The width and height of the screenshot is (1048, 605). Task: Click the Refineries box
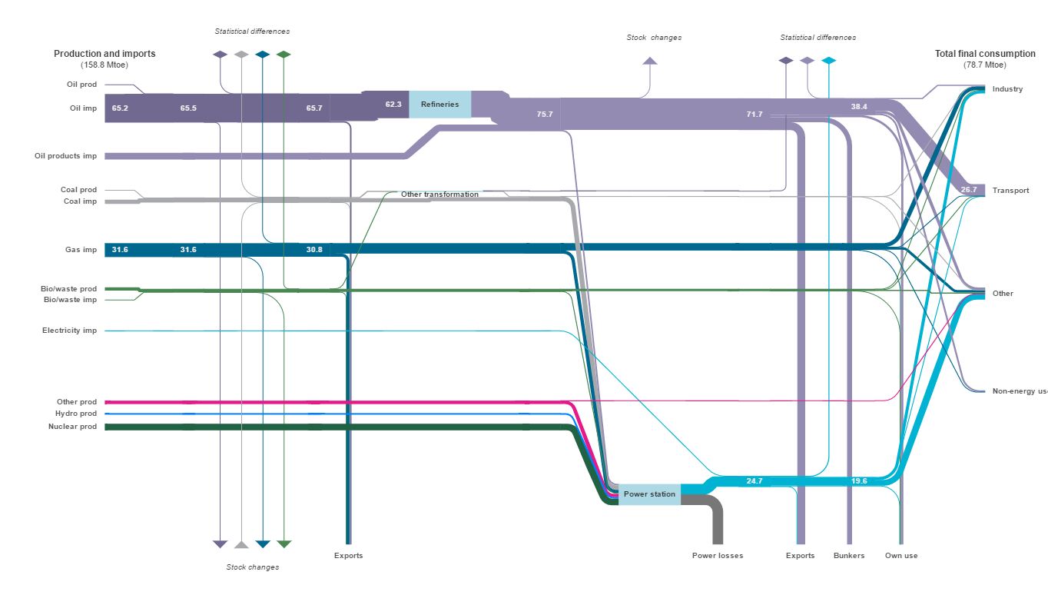[x=439, y=105]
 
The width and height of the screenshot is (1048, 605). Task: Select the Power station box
[x=649, y=494]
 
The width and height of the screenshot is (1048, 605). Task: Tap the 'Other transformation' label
[x=439, y=194]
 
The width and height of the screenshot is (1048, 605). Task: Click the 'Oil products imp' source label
[x=65, y=156]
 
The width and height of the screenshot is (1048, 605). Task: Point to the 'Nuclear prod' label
[x=72, y=427]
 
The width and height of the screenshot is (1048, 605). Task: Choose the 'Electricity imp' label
[x=69, y=331]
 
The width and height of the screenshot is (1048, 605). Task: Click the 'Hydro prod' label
[x=76, y=414]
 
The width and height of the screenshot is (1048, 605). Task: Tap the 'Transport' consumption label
[x=1010, y=191]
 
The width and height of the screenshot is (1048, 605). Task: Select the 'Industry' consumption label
[x=1007, y=89]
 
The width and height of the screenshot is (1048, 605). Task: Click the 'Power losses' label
[x=717, y=556]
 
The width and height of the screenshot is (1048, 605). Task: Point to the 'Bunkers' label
[x=849, y=556]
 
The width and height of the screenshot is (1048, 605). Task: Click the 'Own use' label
[x=901, y=556]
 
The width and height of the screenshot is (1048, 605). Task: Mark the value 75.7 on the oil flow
[x=545, y=115]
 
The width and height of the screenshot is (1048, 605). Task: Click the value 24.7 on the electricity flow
[x=754, y=481]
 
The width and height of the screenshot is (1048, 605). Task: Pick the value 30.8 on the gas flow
[x=314, y=250]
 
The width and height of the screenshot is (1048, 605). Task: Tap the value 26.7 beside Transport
[x=968, y=190]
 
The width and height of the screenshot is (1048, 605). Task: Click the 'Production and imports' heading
[x=104, y=54]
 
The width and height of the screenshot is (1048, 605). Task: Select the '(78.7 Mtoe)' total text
[x=984, y=65]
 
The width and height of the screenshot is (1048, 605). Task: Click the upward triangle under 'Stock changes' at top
[x=650, y=61]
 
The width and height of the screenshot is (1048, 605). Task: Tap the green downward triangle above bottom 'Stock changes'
[x=284, y=544]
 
